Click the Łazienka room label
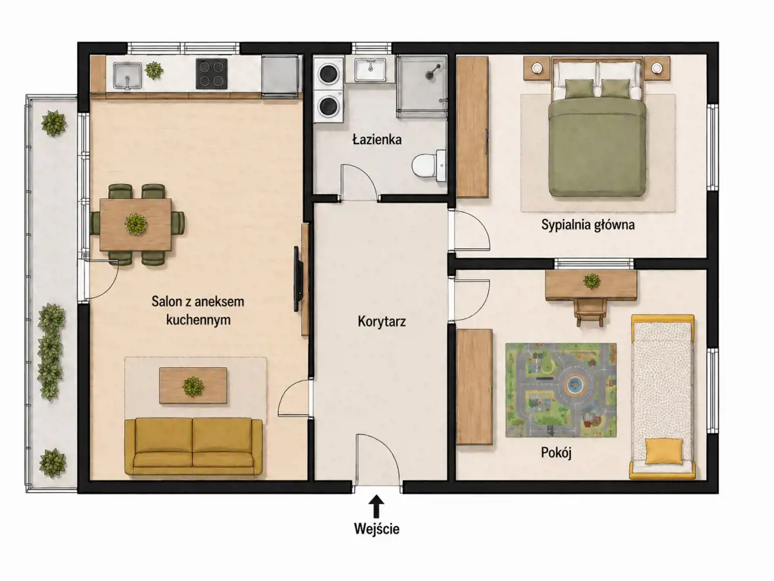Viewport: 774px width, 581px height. point(377,139)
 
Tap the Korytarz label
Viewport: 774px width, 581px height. point(382,321)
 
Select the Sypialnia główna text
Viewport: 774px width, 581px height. point(588,225)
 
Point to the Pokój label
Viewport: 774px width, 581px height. point(556,453)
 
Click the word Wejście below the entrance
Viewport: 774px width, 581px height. point(377,529)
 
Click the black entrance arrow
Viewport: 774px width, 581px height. point(377,506)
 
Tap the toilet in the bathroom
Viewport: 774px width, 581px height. point(429,166)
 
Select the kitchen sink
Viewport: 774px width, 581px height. point(128,75)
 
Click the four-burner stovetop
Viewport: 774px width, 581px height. point(212,74)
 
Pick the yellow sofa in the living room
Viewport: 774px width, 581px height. point(193,447)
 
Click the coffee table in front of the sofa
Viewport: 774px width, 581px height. point(193,386)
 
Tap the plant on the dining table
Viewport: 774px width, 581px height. point(136,224)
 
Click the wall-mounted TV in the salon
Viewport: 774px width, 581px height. point(298,279)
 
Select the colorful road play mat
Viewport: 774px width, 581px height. point(561,390)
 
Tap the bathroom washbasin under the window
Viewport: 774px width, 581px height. point(370,70)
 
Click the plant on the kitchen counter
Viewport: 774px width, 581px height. point(154,70)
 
